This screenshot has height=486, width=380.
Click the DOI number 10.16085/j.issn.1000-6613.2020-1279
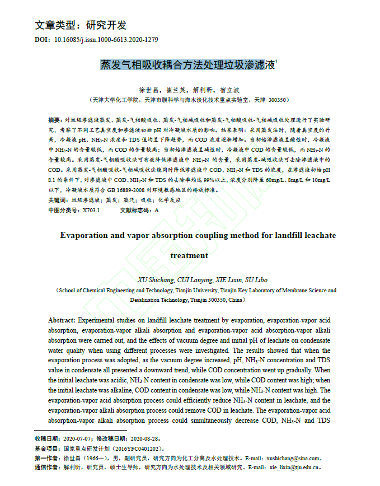click(106, 40)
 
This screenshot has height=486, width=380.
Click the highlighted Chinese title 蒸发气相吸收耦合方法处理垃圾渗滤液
click(188, 65)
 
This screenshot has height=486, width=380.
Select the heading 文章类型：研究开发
click(81, 25)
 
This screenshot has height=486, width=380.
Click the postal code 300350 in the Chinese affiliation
click(278, 100)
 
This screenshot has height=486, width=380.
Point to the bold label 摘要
click(55, 120)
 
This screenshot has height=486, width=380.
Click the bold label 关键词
click(57, 200)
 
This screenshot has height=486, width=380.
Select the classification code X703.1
click(91, 211)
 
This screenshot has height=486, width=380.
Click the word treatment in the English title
click(189, 256)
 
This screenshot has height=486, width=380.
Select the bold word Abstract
click(62, 320)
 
